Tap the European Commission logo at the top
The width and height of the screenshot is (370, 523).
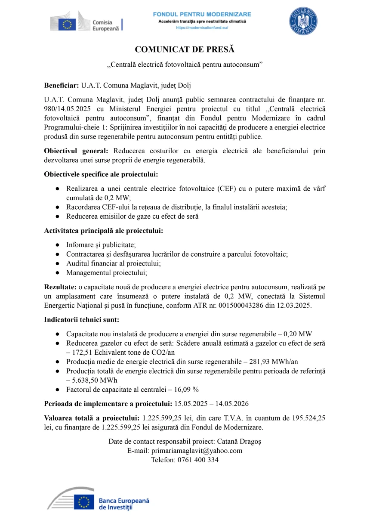pos(86,22)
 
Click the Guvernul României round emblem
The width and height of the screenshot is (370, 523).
pos(303,21)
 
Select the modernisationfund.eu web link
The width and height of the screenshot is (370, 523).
pos(202,28)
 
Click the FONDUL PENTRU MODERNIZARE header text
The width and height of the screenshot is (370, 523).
pos(202,14)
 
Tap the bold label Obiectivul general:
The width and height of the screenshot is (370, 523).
pos(77,151)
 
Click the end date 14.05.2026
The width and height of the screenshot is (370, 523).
pos(232,404)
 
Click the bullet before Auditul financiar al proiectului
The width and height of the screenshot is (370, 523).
pos(57,263)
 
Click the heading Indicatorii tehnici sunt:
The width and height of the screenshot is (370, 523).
pos(81,320)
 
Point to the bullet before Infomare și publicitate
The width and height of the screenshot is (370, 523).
pos(57,245)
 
